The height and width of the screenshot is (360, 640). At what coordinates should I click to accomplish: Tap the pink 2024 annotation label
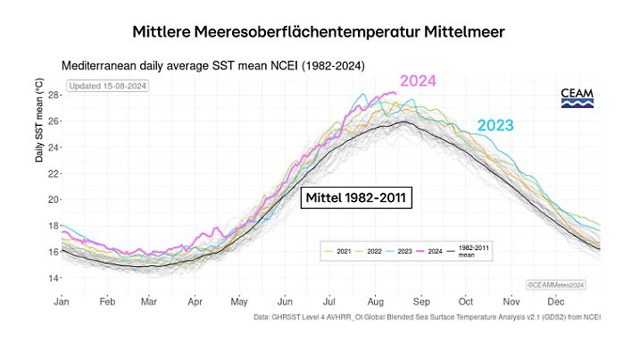418,81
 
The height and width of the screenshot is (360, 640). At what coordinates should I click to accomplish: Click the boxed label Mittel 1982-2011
356,197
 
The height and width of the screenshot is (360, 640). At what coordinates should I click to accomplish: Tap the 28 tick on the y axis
53,95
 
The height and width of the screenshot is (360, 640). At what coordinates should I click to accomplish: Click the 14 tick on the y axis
53,278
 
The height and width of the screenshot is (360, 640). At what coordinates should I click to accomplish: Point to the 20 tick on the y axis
53,199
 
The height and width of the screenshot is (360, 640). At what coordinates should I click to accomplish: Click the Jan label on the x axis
62,302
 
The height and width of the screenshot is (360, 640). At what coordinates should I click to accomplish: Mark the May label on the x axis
238,302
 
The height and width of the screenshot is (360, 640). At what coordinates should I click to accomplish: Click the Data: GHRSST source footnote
427,316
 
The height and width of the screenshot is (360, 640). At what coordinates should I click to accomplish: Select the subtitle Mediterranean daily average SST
213,66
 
